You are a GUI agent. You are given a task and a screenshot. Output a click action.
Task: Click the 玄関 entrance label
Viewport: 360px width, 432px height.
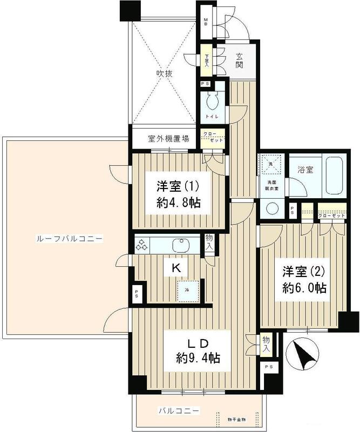(x=239, y=60)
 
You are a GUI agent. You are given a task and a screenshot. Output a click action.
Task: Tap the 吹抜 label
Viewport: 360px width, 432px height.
(x=164, y=73)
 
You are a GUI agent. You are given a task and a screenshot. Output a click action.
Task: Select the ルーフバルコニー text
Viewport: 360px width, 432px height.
(x=63, y=238)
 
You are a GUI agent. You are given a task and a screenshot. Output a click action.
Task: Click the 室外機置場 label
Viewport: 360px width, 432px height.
(x=168, y=138)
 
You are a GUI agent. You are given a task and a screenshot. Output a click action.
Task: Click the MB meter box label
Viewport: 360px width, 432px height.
(x=205, y=23)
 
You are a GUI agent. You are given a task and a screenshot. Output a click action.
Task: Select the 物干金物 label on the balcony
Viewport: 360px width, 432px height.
(x=235, y=420)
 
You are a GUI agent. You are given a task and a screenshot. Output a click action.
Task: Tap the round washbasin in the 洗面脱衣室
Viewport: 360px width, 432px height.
(x=271, y=208)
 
